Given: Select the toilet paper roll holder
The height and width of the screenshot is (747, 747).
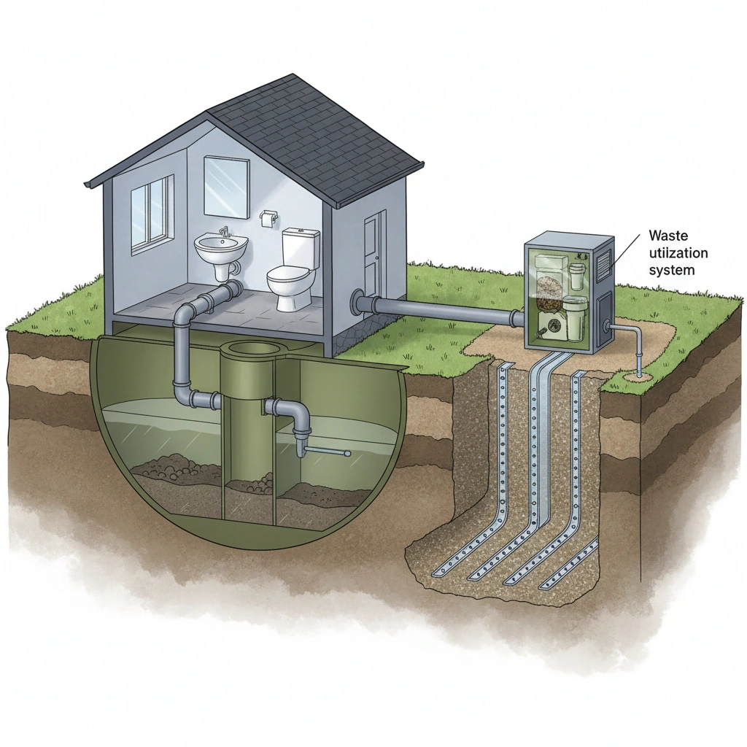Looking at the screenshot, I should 269,217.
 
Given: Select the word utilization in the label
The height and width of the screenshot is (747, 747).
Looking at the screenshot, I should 672,253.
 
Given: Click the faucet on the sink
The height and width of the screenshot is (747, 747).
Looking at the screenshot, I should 225,232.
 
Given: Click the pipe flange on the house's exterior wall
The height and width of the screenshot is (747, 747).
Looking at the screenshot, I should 357,301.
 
